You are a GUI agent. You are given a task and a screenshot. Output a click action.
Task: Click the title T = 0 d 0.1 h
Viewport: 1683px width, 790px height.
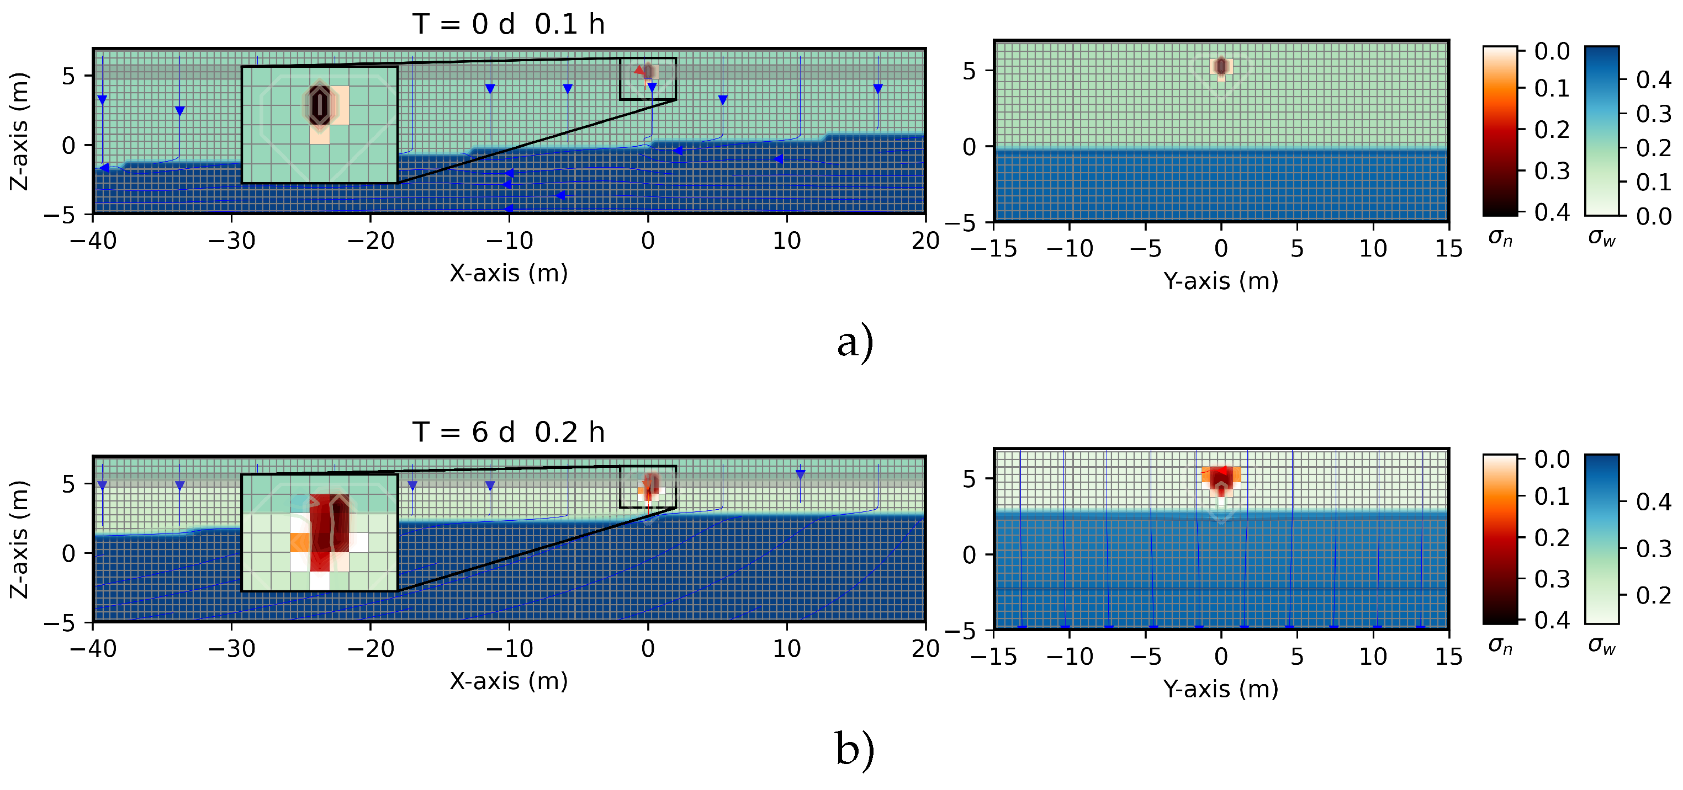(509, 24)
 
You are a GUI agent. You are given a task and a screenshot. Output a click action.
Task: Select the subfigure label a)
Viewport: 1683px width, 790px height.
(855, 341)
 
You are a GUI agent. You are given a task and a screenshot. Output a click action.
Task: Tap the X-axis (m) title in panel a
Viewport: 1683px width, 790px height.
(509, 273)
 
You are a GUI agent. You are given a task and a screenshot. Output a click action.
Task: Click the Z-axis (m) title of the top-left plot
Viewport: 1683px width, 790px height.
(19, 131)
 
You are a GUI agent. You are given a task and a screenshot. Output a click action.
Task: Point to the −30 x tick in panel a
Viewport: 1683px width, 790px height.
(231, 241)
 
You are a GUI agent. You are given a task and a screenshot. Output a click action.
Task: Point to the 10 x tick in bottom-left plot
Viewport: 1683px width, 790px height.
(787, 648)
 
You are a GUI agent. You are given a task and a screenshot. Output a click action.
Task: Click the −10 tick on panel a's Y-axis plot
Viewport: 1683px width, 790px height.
(1070, 249)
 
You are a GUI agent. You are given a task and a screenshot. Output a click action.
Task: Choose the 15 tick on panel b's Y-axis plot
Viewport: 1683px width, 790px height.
(1448, 656)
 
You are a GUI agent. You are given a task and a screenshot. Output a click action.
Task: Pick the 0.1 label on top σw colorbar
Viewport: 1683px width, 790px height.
(1654, 182)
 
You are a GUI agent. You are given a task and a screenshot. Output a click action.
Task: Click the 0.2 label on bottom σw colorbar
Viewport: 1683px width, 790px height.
(1654, 595)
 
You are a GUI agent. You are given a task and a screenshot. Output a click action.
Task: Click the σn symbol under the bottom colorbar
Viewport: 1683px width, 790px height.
(1500, 645)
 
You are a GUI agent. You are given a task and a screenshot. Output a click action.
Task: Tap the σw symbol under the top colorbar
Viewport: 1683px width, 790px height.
(1601, 238)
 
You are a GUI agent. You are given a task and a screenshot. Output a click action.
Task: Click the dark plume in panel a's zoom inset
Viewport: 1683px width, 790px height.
(320, 104)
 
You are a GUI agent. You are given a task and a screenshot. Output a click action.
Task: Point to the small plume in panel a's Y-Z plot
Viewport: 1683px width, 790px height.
(1221, 67)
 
